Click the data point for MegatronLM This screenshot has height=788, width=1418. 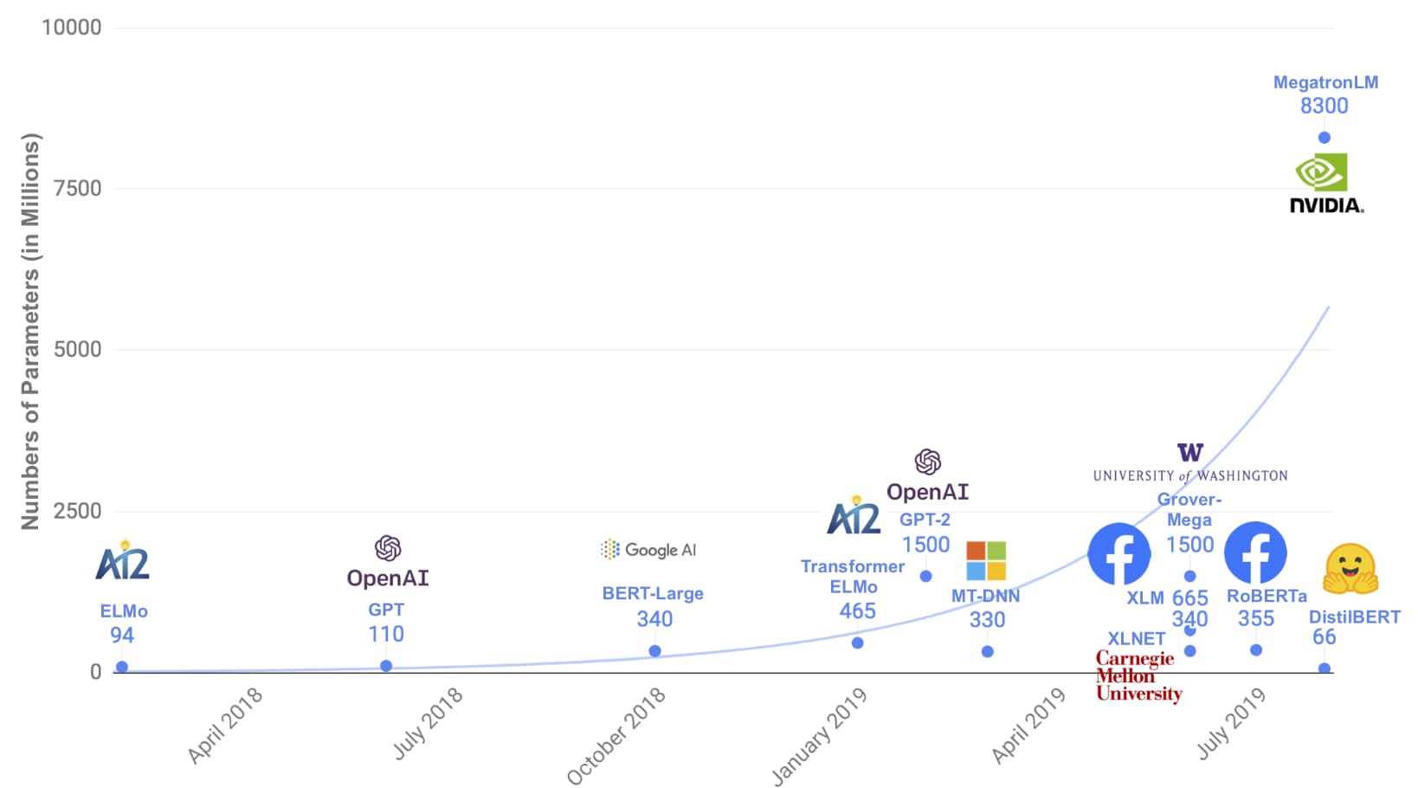pyautogui.click(x=1324, y=138)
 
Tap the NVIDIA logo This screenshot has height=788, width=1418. pyautogui.click(x=1326, y=183)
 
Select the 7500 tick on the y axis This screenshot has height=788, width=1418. pyautogui.click(x=77, y=188)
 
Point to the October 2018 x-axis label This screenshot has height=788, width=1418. pyautogui.click(x=616, y=736)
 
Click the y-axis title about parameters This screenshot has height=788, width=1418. pyautogui.click(x=29, y=332)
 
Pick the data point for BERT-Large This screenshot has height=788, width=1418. pyautogui.click(x=654, y=650)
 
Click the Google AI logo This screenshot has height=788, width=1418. pyautogui.click(x=648, y=549)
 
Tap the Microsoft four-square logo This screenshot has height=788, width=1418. pyautogui.click(x=986, y=560)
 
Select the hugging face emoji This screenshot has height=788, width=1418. pyautogui.click(x=1350, y=569)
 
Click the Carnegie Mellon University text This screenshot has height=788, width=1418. pyautogui.click(x=1138, y=676)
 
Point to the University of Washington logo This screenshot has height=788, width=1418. pyautogui.click(x=1190, y=463)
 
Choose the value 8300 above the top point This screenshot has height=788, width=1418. pyautogui.click(x=1324, y=106)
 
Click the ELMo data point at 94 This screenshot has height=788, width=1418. pyautogui.click(x=122, y=667)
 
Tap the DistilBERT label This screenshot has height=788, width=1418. pyautogui.click(x=1354, y=617)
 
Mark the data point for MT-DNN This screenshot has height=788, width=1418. pyautogui.click(x=987, y=651)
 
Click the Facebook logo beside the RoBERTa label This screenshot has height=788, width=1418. pyautogui.click(x=1254, y=553)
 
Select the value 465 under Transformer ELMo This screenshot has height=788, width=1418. pyautogui.click(x=857, y=611)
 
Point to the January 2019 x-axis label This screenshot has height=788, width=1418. pyautogui.click(x=819, y=736)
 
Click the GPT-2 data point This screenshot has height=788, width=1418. pyautogui.click(x=925, y=576)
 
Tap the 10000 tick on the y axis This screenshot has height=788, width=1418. pyautogui.click(x=71, y=27)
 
